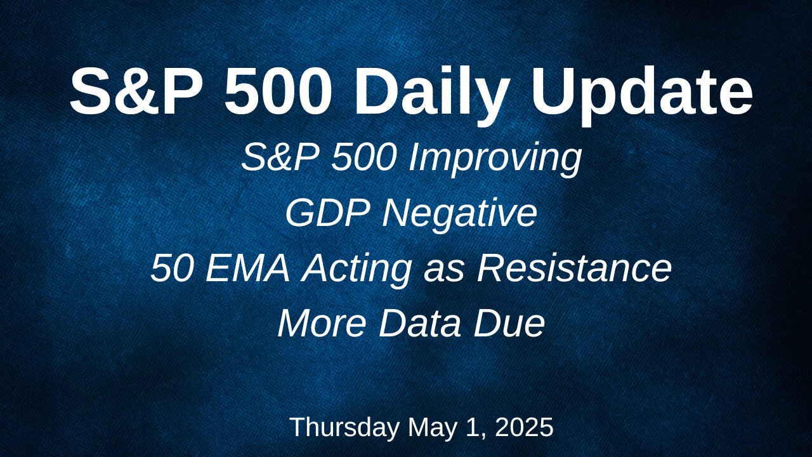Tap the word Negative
pos(459,215)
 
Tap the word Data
pos(420,323)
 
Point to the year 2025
pos(524,427)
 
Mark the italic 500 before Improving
pos(363,157)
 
